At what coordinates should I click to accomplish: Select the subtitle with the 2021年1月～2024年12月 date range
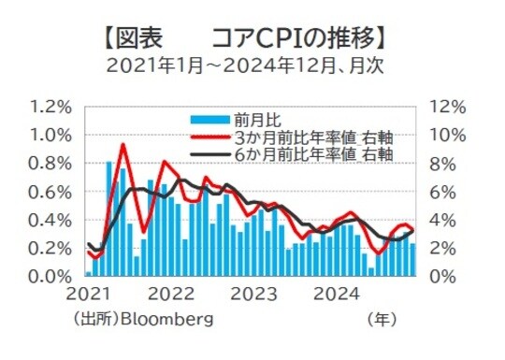pos(245,66)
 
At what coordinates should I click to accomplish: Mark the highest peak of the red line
pos(123,144)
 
